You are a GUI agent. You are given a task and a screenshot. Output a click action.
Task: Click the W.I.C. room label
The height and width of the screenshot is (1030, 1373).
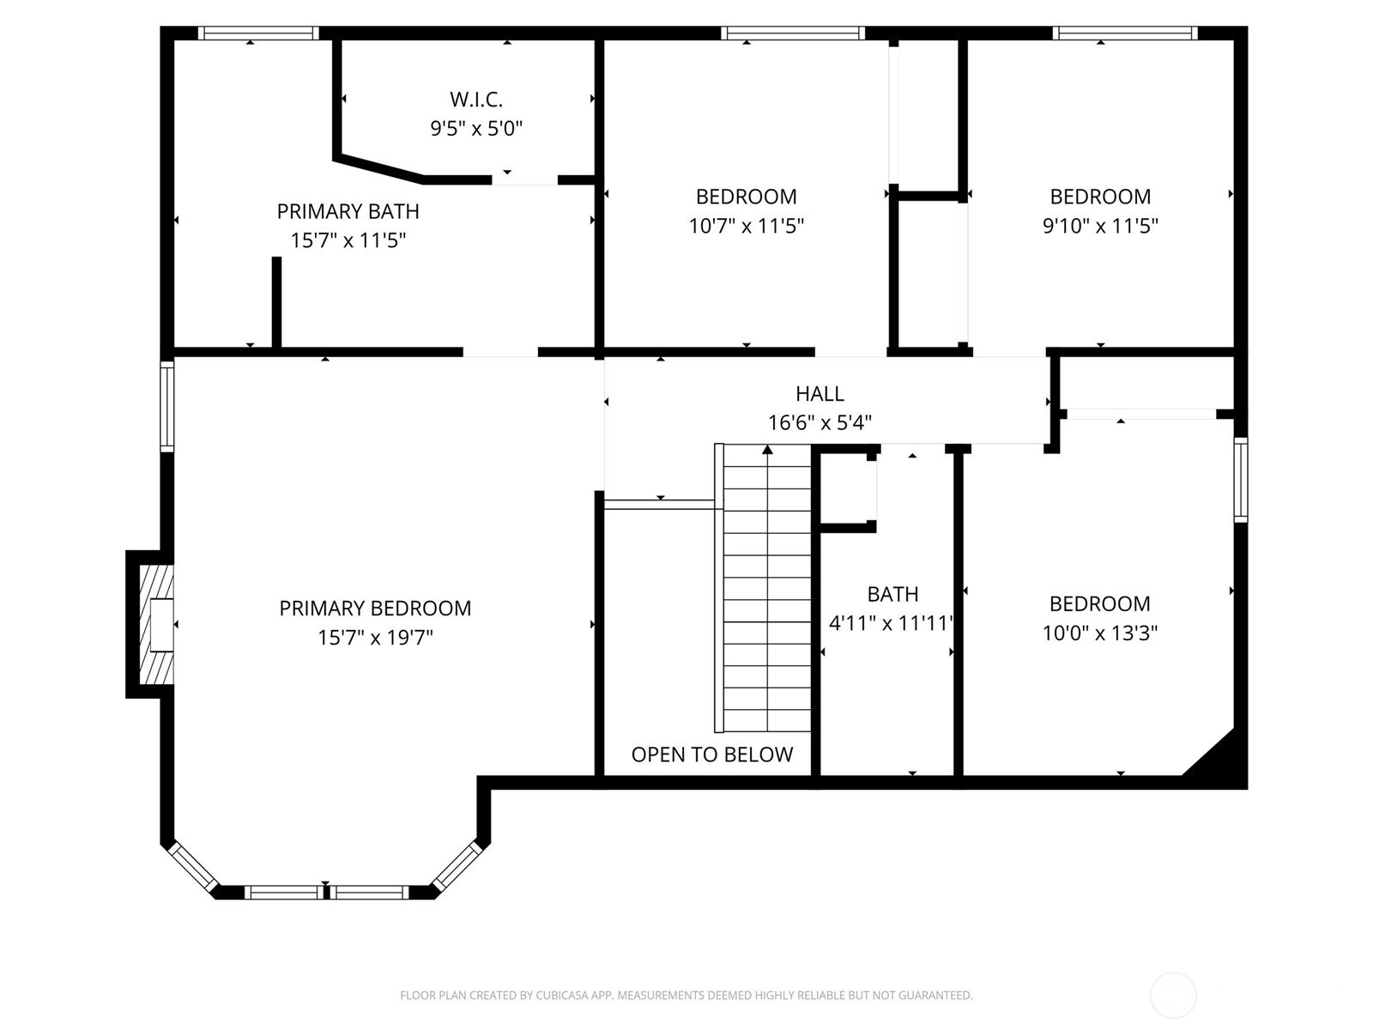pos(476,100)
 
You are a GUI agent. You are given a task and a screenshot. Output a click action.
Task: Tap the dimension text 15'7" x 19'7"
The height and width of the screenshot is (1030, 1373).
pos(375,638)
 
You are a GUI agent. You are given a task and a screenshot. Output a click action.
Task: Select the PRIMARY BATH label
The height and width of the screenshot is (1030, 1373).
pos(348,211)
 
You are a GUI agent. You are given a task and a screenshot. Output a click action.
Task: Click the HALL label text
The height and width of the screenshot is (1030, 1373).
pos(820,394)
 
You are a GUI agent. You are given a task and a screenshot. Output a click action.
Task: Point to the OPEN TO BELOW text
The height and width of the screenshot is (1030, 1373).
pos(711,754)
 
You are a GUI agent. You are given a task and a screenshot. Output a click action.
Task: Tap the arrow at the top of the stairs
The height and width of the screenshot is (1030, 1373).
pos(767,450)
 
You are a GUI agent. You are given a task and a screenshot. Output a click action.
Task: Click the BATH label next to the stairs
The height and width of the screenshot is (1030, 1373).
pos(892,594)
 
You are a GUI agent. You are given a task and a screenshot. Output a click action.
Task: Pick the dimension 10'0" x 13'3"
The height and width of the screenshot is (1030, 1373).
pos(1099,633)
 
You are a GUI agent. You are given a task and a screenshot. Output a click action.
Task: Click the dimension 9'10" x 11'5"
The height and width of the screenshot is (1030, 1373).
pos(1100,226)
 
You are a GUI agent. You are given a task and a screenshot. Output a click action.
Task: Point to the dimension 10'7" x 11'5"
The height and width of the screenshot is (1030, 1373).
pos(746,226)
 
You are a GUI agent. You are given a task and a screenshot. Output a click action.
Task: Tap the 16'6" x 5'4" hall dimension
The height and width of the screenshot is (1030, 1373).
pos(820,423)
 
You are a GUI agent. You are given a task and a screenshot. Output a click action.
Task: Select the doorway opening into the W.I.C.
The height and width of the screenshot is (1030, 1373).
pos(524,180)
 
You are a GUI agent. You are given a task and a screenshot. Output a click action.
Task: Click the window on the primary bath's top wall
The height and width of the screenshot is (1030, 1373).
pos(258,33)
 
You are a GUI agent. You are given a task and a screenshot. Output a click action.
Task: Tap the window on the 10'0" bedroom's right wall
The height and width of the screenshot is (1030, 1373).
pos(1240,480)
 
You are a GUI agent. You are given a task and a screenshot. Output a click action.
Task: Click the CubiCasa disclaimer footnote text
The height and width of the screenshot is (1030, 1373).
pos(686,996)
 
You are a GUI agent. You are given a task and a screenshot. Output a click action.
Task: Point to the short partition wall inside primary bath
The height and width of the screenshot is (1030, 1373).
pos(276,302)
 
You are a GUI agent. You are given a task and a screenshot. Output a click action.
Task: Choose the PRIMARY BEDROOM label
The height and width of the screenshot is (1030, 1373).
pos(375,609)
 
